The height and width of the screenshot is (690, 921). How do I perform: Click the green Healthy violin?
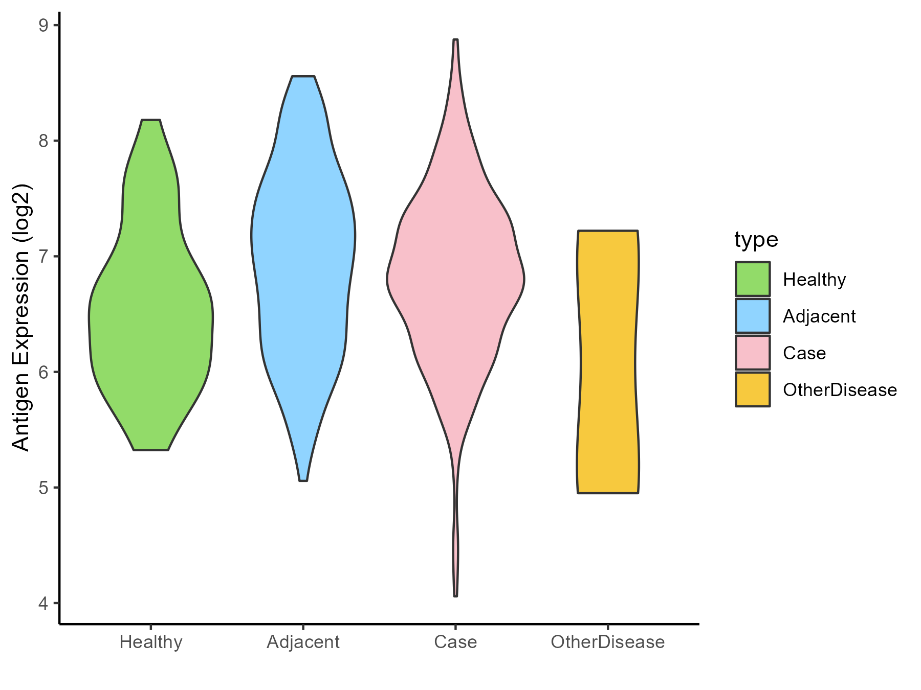[151, 317]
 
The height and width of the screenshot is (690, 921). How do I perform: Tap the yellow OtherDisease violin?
[608, 358]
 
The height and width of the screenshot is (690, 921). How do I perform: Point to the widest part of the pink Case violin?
[455, 279]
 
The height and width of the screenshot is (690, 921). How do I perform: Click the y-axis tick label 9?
[44, 26]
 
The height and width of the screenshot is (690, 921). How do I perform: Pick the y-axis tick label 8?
[44, 141]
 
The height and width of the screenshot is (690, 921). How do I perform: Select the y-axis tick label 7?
[44, 257]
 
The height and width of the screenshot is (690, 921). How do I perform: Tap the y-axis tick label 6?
[44, 372]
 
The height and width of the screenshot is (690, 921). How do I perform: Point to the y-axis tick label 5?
[44, 488]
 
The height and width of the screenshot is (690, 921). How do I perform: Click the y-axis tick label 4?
[44, 603]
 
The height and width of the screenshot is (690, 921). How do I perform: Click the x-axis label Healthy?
[151, 642]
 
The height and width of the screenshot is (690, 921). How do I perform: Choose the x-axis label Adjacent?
[303, 642]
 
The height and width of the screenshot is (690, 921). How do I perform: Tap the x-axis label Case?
[455, 642]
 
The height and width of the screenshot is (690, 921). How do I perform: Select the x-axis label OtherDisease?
[608, 642]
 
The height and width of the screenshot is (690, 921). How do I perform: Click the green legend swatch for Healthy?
[753, 279]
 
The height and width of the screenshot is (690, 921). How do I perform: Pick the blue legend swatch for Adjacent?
[753, 316]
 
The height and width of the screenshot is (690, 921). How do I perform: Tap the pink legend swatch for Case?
[753, 353]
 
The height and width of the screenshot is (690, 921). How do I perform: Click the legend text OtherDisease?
[840, 390]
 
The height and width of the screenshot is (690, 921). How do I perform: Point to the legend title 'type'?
[756, 239]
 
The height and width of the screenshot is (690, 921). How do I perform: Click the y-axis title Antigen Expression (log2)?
[21, 317]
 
